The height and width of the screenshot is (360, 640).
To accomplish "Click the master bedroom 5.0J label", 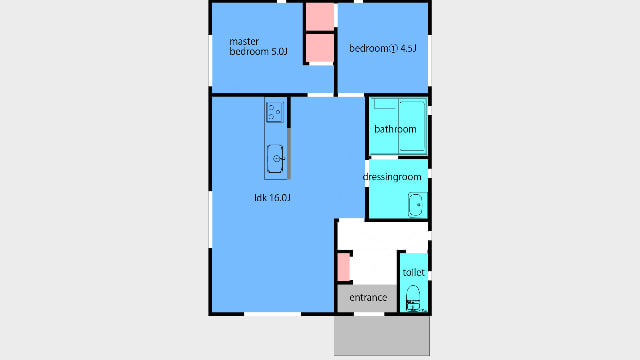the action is click(x=258, y=47).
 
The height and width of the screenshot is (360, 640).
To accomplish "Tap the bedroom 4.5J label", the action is click(x=383, y=49).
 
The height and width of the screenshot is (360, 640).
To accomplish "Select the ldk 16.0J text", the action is click(x=272, y=198).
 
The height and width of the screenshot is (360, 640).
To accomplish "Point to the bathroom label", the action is click(x=395, y=129).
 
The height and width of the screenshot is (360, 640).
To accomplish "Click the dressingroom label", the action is click(x=392, y=177).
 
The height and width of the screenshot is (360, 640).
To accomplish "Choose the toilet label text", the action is click(x=413, y=272).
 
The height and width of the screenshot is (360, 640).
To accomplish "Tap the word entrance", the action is click(x=368, y=298).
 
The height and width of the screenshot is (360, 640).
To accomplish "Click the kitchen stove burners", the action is click(x=275, y=112).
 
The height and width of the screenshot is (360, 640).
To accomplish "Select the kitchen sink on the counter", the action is click(x=276, y=159).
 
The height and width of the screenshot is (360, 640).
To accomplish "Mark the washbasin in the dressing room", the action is click(x=416, y=204).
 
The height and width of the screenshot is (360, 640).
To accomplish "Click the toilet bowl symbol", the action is click(x=413, y=298).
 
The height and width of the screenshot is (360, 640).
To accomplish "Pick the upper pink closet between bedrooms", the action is click(x=320, y=17).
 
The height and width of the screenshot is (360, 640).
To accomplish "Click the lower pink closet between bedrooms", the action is click(x=320, y=48).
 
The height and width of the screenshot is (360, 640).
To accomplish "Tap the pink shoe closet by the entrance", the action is click(x=344, y=267).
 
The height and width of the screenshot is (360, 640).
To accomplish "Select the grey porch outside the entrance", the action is click(x=382, y=336).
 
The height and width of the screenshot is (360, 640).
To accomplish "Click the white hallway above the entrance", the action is click(x=383, y=235).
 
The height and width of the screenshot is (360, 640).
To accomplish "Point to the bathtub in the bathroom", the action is click(x=412, y=127).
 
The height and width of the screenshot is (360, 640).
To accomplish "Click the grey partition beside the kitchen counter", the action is click(x=289, y=153).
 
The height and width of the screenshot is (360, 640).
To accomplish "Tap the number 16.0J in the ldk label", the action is click(x=280, y=198).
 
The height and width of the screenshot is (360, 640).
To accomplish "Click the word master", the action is click(x=244, y=42).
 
